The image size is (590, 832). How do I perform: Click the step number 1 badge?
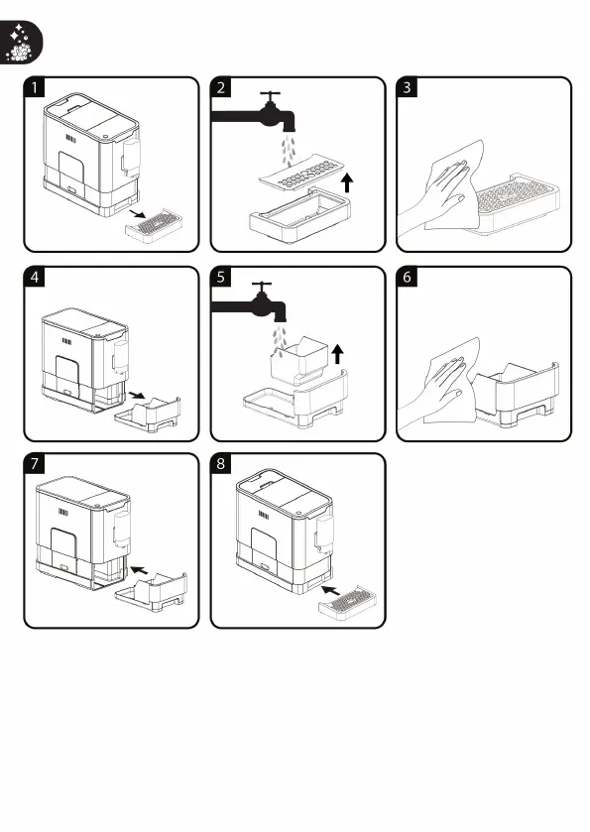35,87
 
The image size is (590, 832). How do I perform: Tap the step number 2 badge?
221,87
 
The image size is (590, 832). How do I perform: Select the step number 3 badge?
407,87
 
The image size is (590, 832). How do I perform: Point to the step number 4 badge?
35,277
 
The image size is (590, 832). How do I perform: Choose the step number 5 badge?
221,277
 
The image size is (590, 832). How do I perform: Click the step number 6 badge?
407,277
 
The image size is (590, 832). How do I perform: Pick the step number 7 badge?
35,464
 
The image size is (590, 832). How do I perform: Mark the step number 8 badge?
221,464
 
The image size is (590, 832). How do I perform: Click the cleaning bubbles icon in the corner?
20,43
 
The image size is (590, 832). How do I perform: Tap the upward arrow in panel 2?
347,182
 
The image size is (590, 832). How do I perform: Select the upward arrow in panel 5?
337,354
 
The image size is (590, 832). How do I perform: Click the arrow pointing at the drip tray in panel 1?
138,213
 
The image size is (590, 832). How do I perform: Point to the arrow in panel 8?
331,590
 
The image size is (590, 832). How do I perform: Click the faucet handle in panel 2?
271,96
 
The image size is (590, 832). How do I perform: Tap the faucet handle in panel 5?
262,287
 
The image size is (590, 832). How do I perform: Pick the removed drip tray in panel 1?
155,226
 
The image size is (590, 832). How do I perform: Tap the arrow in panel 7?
139,570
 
